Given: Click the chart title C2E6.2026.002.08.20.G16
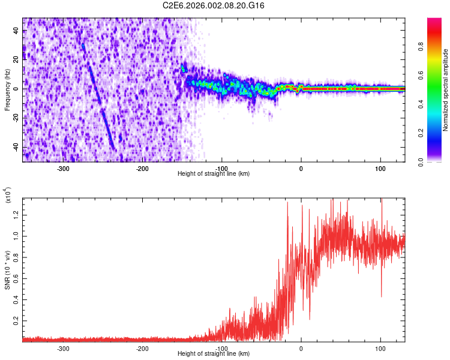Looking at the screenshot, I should pyautogui.click(x=214, y=5).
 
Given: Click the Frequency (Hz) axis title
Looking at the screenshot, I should pyautogui.click(x=7, y=89).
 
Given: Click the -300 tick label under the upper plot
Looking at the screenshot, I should pyautogui.click(x=64, y=169).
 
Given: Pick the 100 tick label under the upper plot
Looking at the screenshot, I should pyautogui.click(x=380, y=169).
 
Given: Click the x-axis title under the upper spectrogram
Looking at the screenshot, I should pyautogui.click(x=214, y=174).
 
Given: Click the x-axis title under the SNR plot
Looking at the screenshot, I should pyautogui.click(x=214, y=354).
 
